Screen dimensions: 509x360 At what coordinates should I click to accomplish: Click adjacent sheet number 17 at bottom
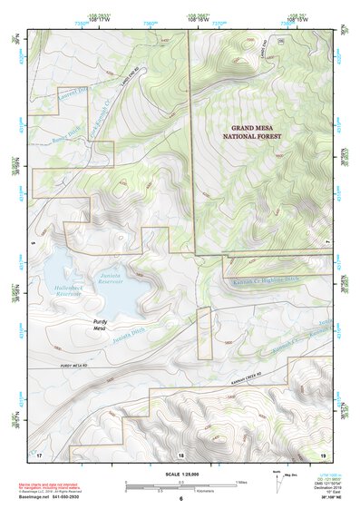[40, 454]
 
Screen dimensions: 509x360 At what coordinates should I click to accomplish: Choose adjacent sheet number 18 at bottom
[180, 454]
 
